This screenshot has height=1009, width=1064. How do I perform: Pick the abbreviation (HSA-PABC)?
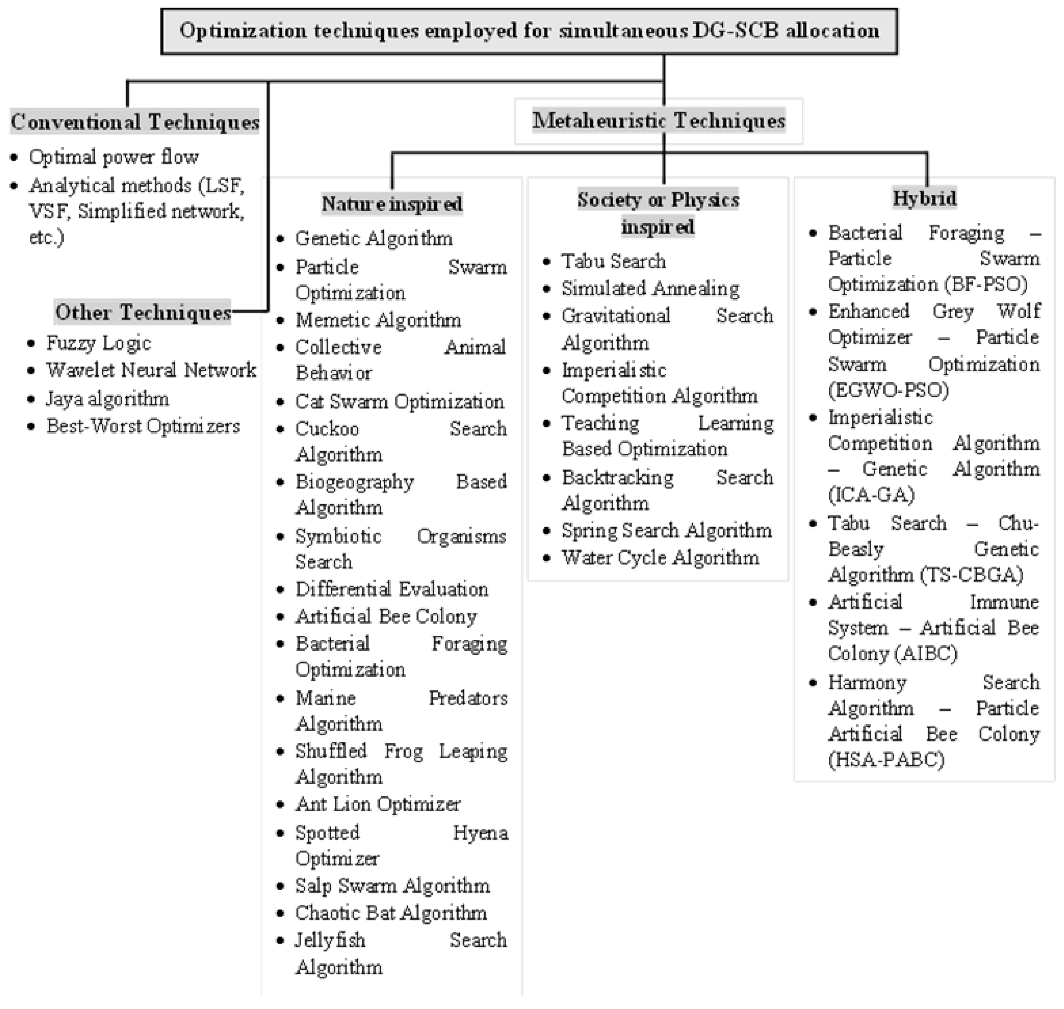pyautogui.click(x=886, y=760)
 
